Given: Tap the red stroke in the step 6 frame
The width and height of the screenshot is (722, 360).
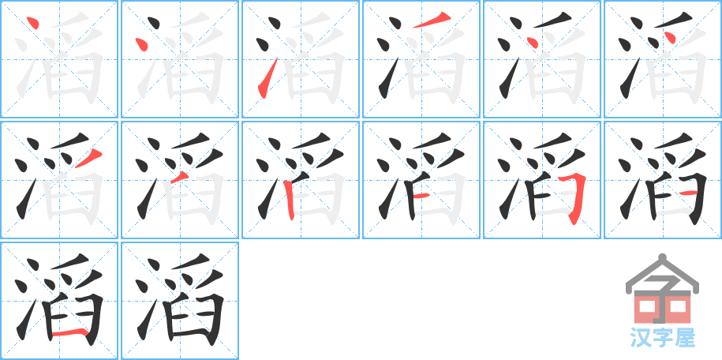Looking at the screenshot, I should pyautogui.click(x=670, y=38).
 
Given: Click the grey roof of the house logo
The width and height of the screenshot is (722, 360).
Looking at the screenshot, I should pyautogui.click(x=661, y=272).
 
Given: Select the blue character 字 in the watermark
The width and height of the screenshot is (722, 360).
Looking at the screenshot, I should pyautogui.click(x=662, y=338).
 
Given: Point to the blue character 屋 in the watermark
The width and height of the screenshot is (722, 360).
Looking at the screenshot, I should pyautogui.click(x=685, y=338).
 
